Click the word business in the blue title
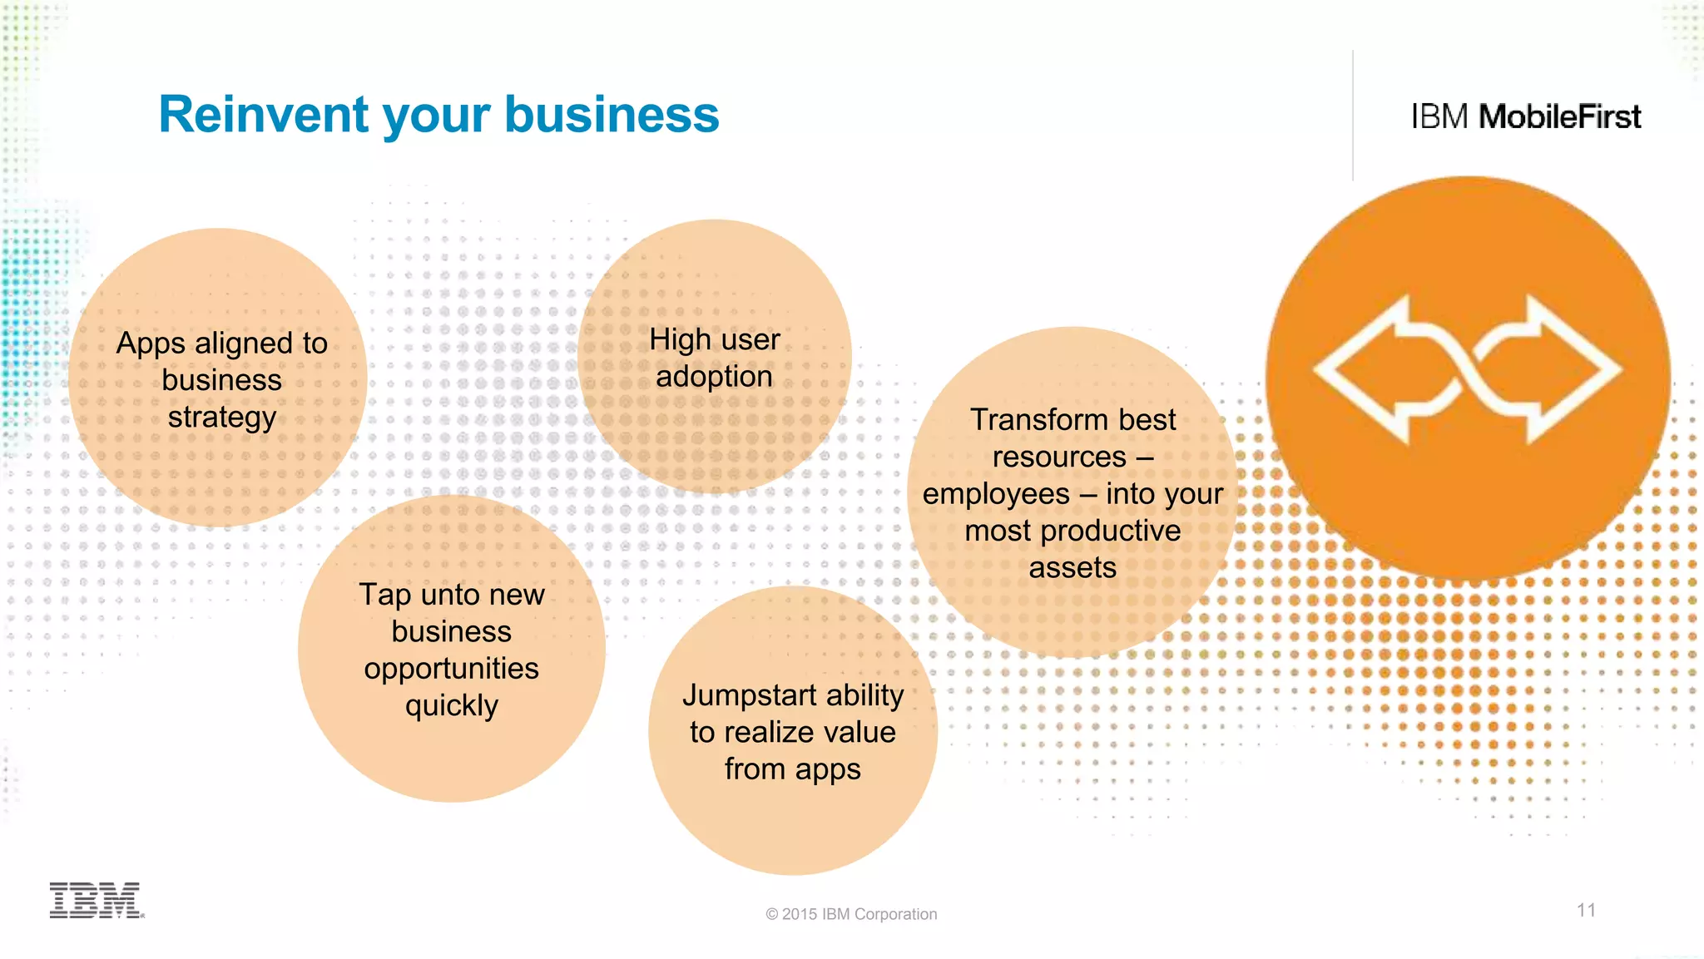612,115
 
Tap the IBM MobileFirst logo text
1525,116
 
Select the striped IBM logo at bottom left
96,900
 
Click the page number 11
1586,910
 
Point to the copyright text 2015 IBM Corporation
851,914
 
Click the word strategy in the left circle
221,418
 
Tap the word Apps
151,344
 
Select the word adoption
714,377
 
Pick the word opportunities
451,669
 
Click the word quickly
451,706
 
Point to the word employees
996,494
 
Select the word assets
1072,568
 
